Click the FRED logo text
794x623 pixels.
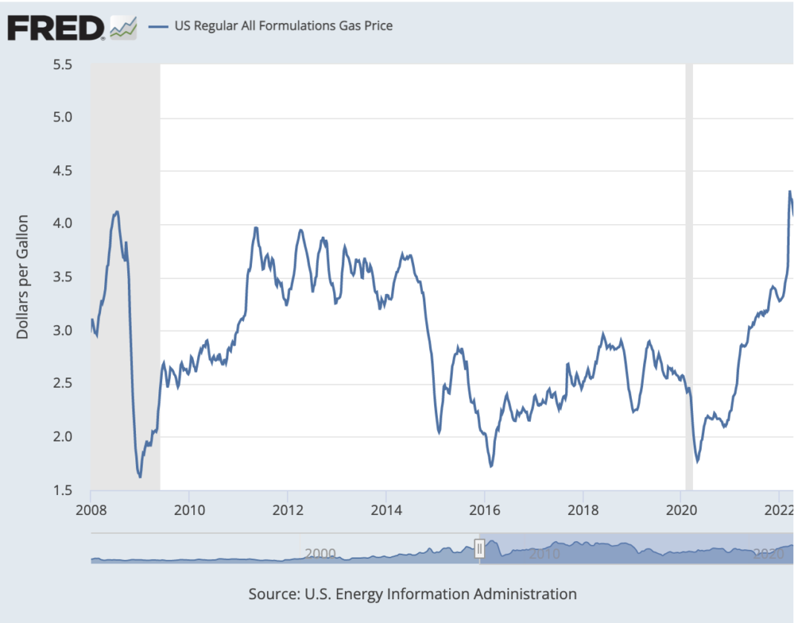(57, 28)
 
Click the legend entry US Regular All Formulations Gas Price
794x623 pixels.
(283, 26)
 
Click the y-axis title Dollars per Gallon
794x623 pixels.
(22, 277)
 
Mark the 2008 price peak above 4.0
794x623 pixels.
(117, 211)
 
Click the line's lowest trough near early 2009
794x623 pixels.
(140, 476)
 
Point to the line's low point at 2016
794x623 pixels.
(491, 466)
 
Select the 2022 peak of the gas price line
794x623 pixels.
(790, 191)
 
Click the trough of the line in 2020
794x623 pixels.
(697, 461)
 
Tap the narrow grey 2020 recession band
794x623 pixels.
(688, 275)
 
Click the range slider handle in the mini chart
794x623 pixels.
(480, 549)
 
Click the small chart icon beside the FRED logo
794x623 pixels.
(123, 28)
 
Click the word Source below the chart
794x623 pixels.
(274, 594)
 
